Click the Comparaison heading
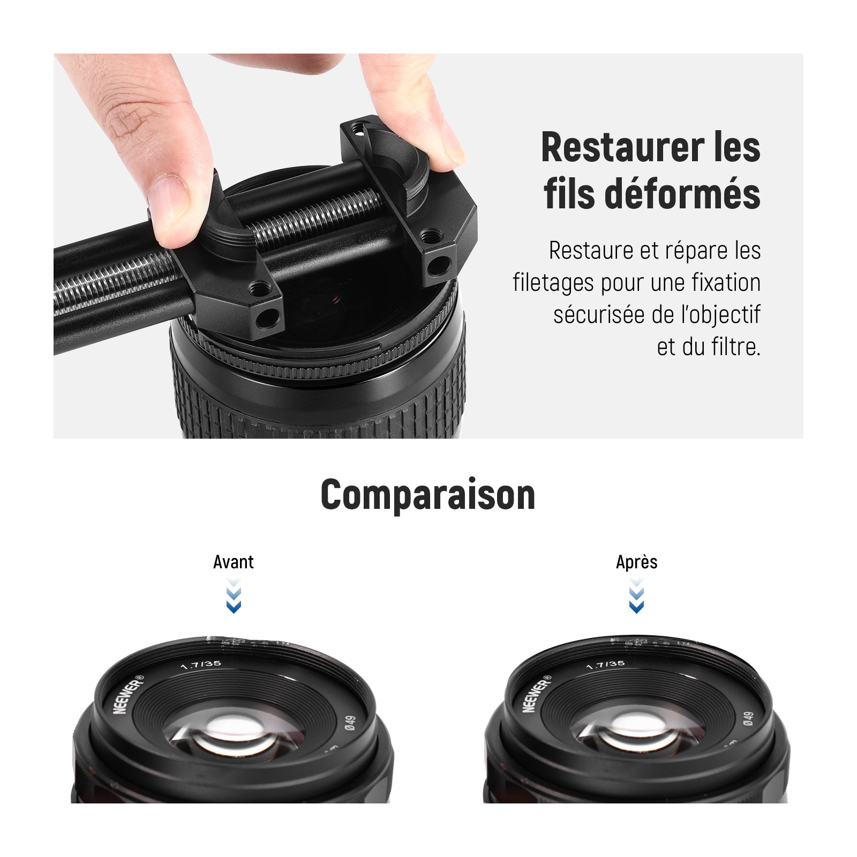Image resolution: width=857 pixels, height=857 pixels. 428,494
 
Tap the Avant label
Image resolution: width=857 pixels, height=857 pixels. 234,562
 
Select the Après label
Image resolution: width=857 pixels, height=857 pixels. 636,562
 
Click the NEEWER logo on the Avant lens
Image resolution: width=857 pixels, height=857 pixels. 129,694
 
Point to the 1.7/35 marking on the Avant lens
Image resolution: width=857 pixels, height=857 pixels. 201,665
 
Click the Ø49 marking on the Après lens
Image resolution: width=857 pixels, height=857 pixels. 748,719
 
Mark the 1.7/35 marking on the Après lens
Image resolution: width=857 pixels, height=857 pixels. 605,665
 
